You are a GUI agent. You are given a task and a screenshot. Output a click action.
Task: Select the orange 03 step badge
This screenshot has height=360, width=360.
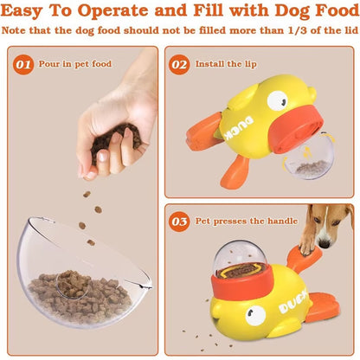180,222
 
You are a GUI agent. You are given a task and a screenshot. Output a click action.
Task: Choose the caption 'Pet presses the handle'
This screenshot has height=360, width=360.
245,222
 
